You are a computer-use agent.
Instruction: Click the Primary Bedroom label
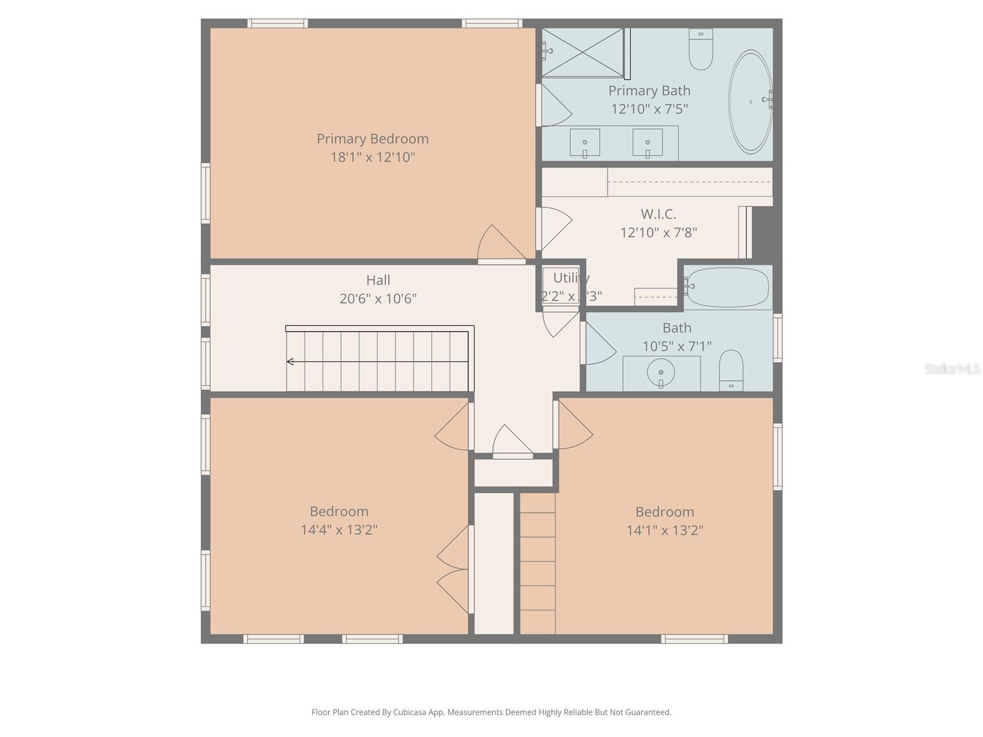pos(372,139)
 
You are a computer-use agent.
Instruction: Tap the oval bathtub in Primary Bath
pos(750,102)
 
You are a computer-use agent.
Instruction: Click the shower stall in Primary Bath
pos(582,53)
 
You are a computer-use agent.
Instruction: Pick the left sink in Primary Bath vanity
pos(585,142)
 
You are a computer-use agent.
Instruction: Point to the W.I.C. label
pos(659,214)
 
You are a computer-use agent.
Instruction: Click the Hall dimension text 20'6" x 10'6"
pos(378,298)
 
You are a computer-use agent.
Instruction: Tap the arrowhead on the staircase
pos(290,362)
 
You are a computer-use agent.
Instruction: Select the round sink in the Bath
pos(661,372)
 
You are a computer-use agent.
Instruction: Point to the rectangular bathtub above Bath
pos(727,287)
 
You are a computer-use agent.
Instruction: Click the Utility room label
pos(571,278)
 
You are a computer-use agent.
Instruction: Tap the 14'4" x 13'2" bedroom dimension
pos(339,529)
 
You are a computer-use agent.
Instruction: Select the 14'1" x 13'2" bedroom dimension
pos(665,530)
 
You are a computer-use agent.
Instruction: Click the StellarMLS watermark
pos(952,368)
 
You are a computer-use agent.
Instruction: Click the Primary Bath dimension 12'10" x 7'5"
pos(649,109)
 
